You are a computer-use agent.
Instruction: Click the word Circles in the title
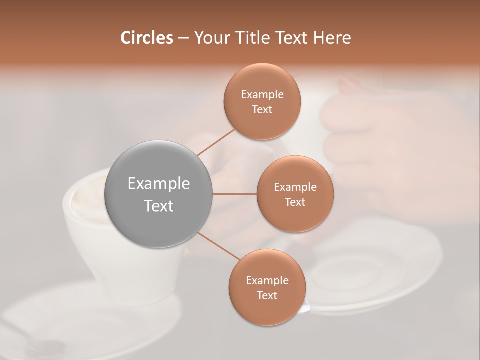(x=146, y=38)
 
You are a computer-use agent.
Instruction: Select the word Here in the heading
(x=332, y=38)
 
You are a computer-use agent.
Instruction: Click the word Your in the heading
(x=212, y=38)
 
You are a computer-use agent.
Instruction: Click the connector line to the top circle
(x=216, y=141)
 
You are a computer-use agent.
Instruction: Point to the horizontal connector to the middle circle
(x=235, y=194)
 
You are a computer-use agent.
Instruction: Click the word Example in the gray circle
(x=159, y=184)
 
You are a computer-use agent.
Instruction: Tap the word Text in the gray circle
(x=159, y=206)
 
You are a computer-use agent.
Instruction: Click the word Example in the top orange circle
(x=262, y=95)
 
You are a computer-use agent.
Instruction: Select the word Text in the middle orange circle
(x=295, y=202)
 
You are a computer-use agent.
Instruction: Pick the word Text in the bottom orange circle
(x=267, y=295)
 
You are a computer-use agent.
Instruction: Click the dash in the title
(x=183, y=38)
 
